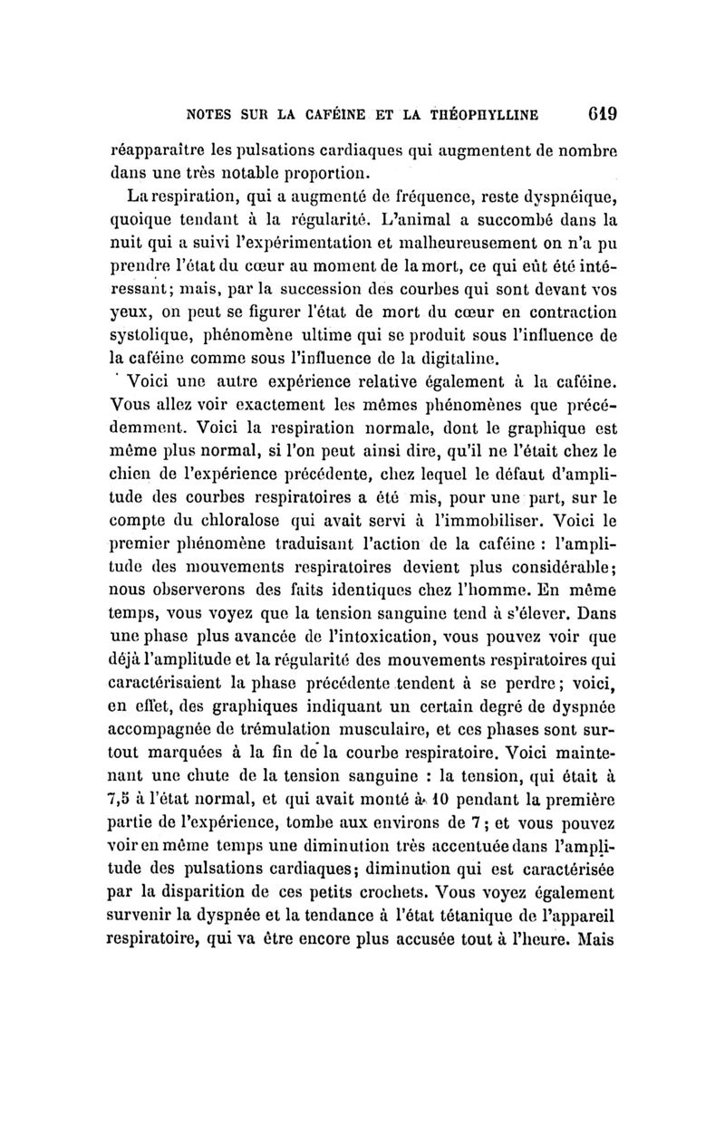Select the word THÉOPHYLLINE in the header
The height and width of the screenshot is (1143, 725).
(x=488, y=115)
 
